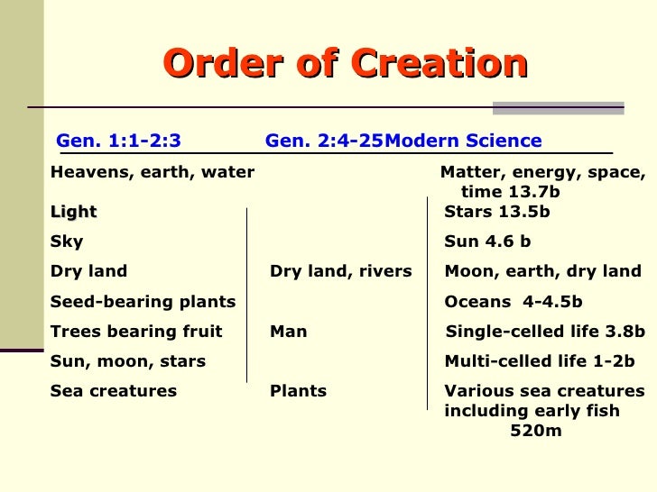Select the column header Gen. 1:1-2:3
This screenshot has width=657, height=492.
(118, 141)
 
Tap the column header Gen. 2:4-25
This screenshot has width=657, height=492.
(324, 141)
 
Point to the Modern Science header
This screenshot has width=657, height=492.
(464, 141)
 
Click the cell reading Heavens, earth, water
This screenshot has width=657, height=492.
(153, 172)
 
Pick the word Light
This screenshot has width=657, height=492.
(74, 212)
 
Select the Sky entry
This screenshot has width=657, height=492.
(67, 241)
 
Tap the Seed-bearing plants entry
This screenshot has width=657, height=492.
(143, 302)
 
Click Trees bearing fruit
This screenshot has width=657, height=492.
(136, 332)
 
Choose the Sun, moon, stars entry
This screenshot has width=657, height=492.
(128, 361)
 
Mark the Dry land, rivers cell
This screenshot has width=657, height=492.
(341, 271)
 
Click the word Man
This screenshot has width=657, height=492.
(289, 332)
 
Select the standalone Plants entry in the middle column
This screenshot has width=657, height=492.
(299, 391)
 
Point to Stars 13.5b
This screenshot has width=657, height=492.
(497, 212)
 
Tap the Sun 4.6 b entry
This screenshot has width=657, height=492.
(487, 241)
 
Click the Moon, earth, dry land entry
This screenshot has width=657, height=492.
(543, 271)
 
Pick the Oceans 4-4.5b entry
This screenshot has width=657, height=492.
(514, 302)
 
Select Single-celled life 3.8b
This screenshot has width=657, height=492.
(546, 332)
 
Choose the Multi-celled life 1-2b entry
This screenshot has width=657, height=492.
(540, 361)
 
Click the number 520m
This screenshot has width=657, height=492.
(536, 431)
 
